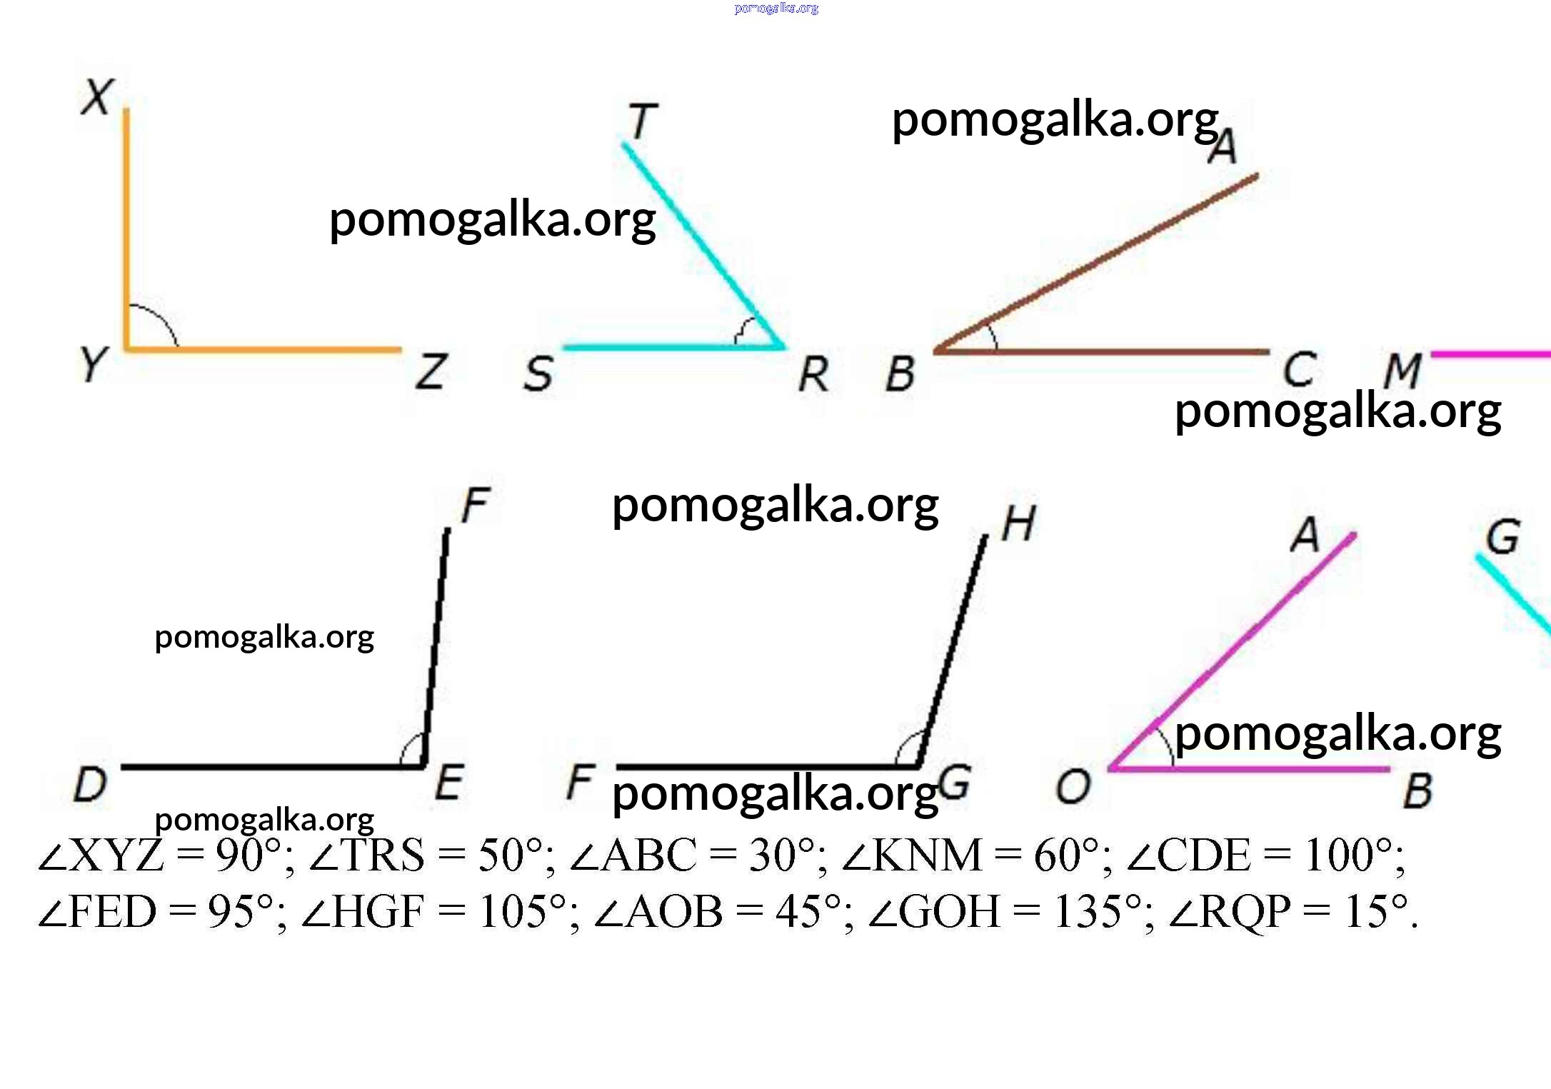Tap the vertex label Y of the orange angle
click(94, 364)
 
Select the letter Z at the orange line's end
click(432, 371)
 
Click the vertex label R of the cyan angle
click(814, 374)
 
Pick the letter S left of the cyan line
click(538, 373)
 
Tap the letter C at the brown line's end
click(1299, 369)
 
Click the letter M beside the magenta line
click(1402, 371)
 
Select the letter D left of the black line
click(91, 784)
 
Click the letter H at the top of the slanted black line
click(1018, 524)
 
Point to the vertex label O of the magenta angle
click(1073, 786)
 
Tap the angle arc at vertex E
click(411, 748)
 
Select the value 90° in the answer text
click(249, 855)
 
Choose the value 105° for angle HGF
click(522, 912)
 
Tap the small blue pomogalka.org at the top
click(776, 9)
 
